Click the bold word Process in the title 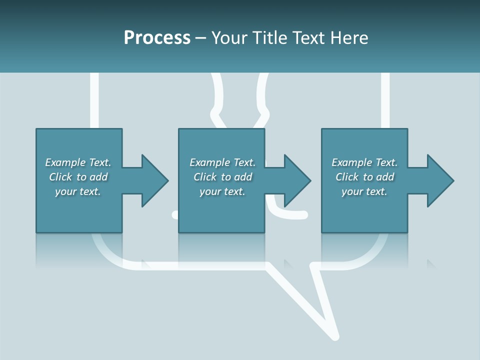pos(157,38)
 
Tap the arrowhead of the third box pos(440,180)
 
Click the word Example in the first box pos(65,162)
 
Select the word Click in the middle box pos(204,177)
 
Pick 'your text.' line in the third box pos(364,191)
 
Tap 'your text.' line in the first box pos(78,191)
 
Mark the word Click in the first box pos(60,177)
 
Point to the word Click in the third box pos(347,177)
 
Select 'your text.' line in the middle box pos(222,191)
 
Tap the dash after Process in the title pos(201,38)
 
